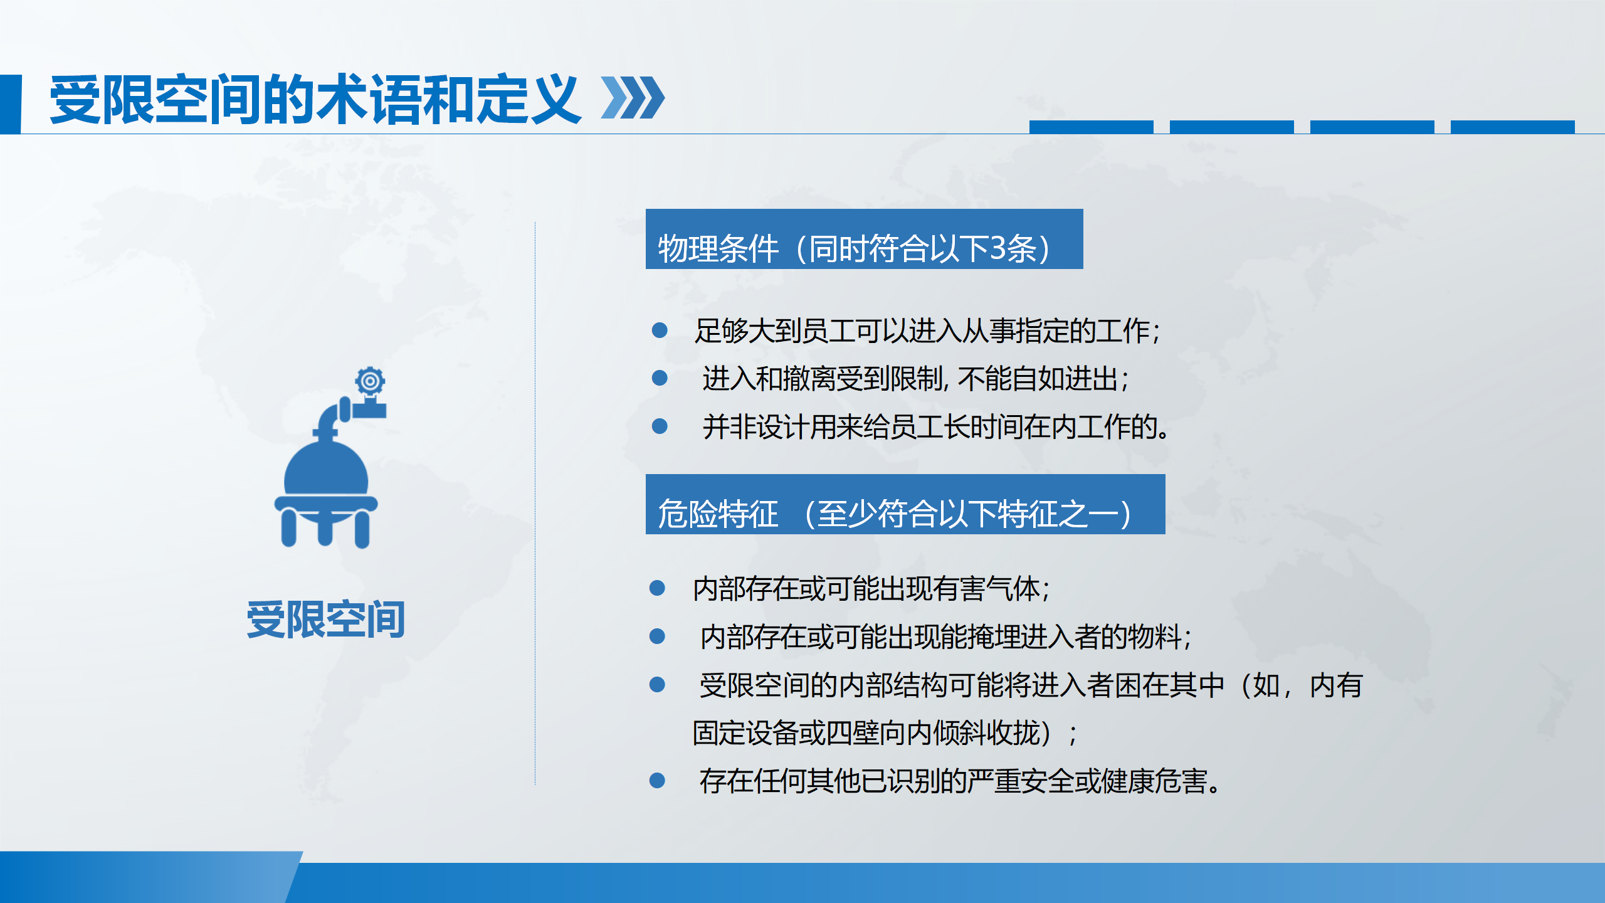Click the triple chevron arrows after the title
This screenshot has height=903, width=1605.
coord(633,98)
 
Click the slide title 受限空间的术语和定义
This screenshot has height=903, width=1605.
coord(315,99)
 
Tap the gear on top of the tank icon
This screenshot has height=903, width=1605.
coord(370,381)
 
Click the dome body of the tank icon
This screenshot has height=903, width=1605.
coord(326,469)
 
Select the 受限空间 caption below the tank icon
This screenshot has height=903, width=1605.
coord(325,620)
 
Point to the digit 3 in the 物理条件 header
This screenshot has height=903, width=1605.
coord(997,248)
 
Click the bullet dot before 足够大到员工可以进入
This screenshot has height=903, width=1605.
coord(660,330)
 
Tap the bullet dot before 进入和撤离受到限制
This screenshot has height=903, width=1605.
coord(660,378)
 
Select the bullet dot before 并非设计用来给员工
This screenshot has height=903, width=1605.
coord(660,426)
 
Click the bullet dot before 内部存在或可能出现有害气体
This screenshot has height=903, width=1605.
coord(657,588)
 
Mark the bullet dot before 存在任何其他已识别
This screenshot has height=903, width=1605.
coord(657,780)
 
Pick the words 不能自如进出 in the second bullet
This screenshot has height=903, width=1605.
coord(1038,379)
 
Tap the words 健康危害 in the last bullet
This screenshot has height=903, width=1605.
coord(1154,781)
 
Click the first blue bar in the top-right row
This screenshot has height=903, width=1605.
coord(1091,127)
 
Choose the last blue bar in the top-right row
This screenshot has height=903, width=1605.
coord(1512,127)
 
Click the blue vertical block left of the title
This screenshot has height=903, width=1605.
coord(11,104)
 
